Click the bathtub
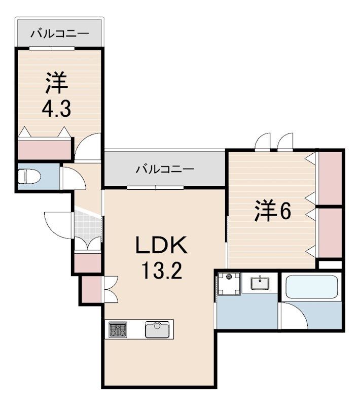click(311, 287)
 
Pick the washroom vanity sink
click(261, 282)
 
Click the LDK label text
click(161, 247)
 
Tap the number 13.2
click(161, 273)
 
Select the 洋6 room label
click(272, 211)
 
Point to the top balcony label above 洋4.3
click(59, 34)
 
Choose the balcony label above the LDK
click(164, 169)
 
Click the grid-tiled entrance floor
click(88, 225)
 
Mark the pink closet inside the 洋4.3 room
click(44, 150)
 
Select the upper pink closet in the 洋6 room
click(330, 178)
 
